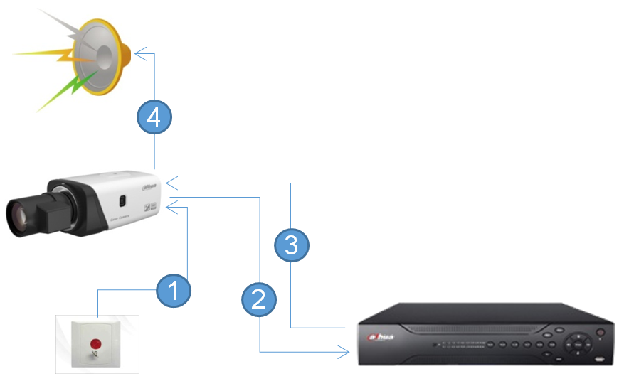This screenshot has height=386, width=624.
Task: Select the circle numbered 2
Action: (x=258, y=299)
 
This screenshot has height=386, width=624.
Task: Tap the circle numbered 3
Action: (x=291, y=246)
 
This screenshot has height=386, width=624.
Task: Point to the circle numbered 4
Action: (x=154, y=118)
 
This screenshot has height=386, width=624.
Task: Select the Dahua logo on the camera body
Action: (x=148, y=186)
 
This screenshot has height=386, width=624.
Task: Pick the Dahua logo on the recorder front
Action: (x=381, y=336)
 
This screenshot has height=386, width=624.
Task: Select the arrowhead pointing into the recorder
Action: (x=346, y=351)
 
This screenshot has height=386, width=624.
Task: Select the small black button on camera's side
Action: (x=122, y=201)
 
